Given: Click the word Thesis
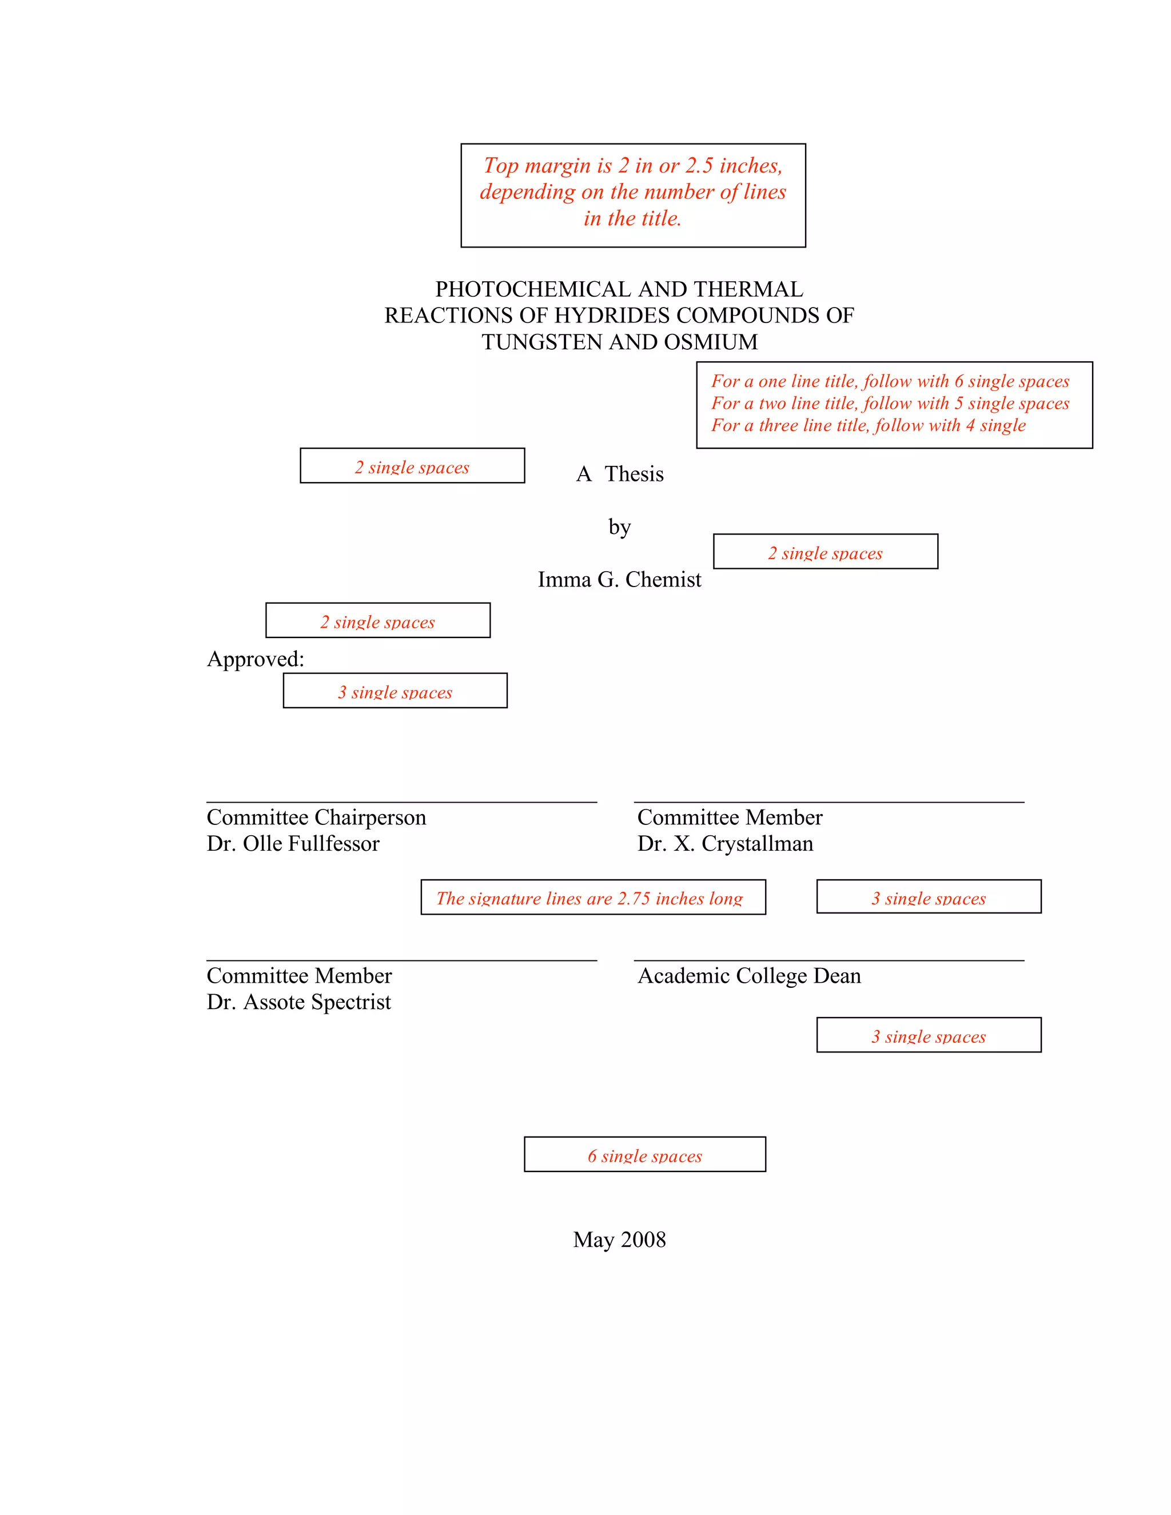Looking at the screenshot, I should (634, 474).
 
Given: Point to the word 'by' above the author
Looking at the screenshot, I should (619, 527).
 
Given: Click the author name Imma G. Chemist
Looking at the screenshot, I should (619, 579).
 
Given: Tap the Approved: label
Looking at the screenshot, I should (255, 659).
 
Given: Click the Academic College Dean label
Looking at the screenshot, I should (749, 976).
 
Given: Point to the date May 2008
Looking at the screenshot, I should (619, 1239).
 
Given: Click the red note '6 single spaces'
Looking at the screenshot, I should (644, 1155).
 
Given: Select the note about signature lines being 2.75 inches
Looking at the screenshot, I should (592, 898).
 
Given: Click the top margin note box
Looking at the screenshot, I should (633, 195).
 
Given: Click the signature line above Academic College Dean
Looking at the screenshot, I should (829, 961).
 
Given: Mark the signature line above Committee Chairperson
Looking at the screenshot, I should (401, 803).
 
